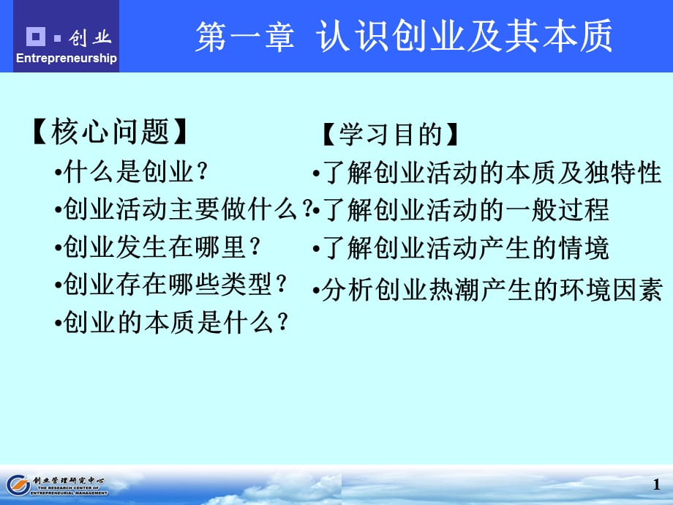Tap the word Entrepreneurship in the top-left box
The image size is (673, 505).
tap(67, 59)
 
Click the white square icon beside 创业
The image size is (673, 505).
tap(35, 36)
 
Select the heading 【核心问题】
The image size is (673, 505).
tap(110, 132)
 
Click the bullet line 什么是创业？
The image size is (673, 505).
tap(132, 172)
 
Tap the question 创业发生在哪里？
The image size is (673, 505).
tap(158, 247)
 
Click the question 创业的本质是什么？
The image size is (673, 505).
tap(171, 321)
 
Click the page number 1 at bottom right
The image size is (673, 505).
tap(655, 485)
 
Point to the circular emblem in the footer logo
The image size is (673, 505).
tap(17, 485)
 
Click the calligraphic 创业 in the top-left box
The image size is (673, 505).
tap(90, 37)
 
